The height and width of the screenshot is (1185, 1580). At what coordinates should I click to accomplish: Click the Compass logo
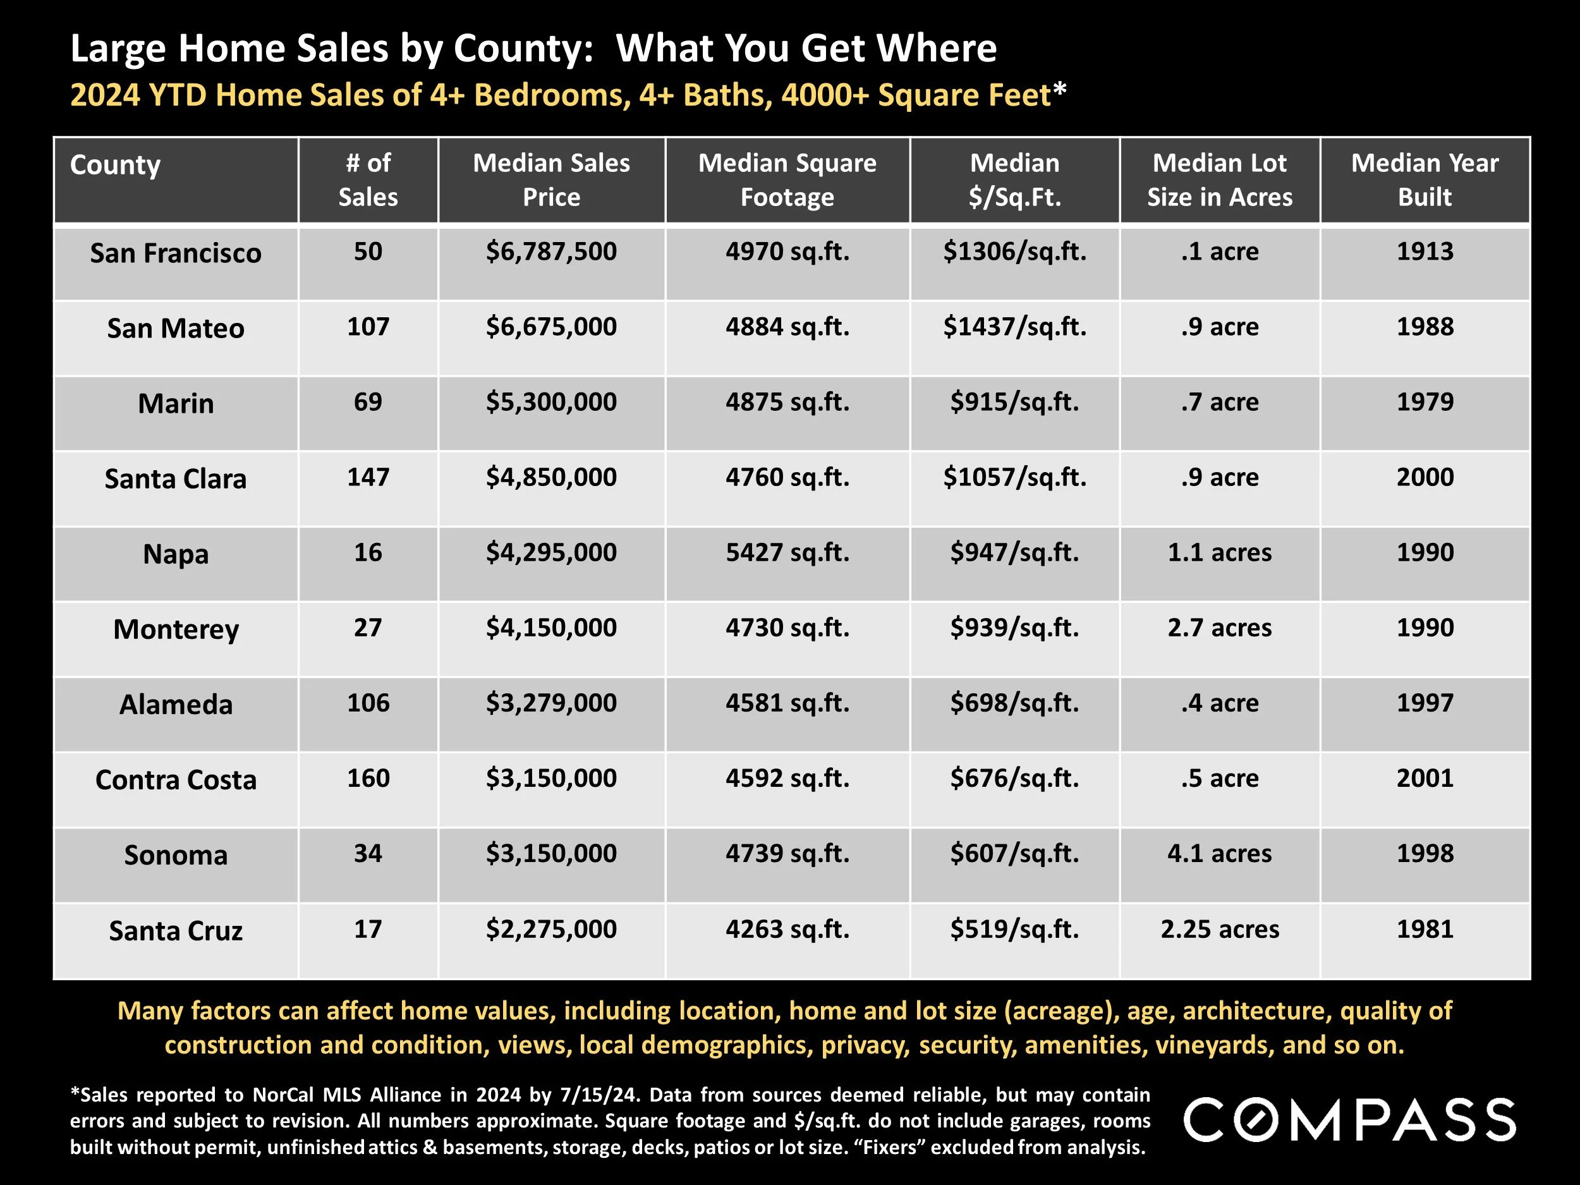tap(1349, 1120)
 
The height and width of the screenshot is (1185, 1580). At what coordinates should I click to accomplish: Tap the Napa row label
tap(176, 554)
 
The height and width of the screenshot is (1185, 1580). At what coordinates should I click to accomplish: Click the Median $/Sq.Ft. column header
tap(1014, 180)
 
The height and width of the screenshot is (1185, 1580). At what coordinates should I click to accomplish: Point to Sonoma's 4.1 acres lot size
tap(1219, 854)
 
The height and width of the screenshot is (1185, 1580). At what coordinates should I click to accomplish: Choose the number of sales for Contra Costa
tap(368, 778)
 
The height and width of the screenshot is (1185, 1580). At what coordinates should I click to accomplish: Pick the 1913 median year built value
tap(1425, 252)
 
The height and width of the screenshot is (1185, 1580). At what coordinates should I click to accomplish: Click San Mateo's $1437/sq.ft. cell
tap(1014, 327)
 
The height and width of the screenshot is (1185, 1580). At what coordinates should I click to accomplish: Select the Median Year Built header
tap(1425, 180)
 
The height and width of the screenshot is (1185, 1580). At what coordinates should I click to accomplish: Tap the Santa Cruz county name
tap(176, 931)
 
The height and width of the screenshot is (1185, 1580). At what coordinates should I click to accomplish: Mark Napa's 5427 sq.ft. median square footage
tap(787, 553)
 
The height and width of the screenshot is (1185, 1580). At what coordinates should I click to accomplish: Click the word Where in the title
tap(936, 49)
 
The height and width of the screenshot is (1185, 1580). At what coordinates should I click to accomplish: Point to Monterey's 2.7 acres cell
tap(1219, 628)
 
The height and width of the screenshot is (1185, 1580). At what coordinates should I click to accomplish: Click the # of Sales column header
tap(368, 180)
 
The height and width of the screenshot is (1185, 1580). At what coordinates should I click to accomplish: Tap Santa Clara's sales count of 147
tap(368, 477)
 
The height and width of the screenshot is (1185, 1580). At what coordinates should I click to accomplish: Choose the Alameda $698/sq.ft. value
tap(1014, 703)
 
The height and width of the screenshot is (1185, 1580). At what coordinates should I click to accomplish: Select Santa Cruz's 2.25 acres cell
tap(1219, 929)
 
